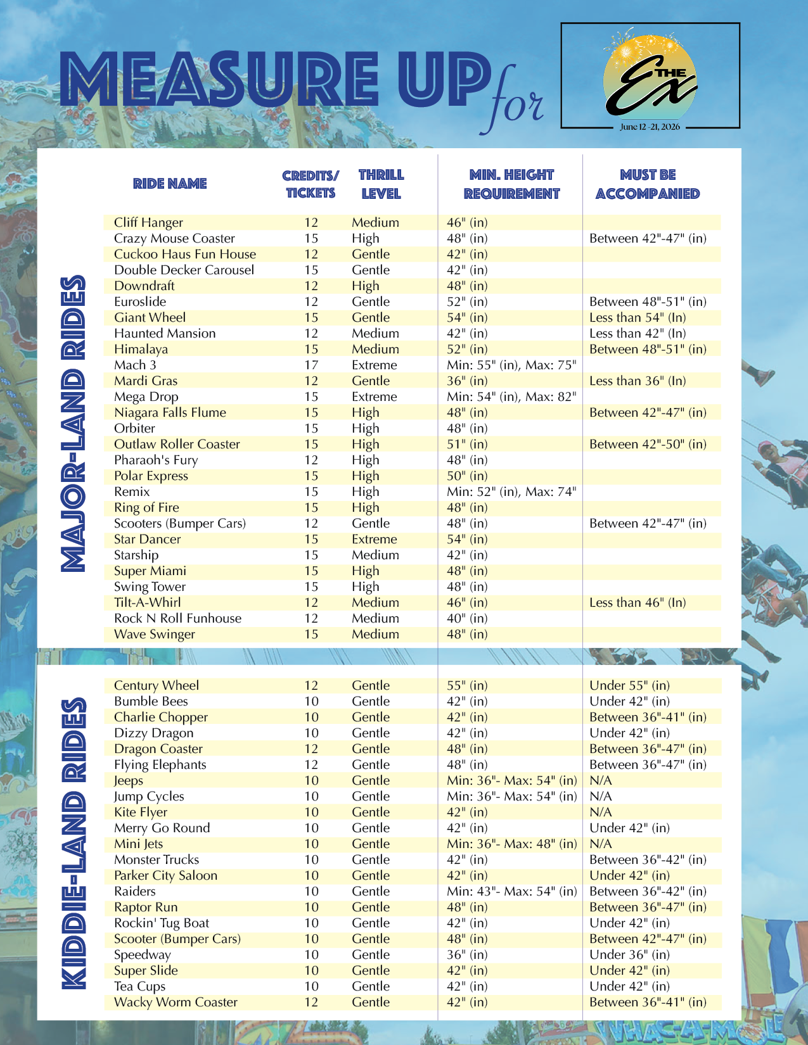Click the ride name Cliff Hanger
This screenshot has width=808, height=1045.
pos(148,222)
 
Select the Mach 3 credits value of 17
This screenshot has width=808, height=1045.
pos(311,365)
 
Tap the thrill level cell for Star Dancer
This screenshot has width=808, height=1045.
pos(374,539)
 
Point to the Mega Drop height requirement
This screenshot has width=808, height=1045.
pos(511,396)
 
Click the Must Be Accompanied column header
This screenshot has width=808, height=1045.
pos(648,184)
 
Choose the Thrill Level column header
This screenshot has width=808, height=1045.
pos(381,184)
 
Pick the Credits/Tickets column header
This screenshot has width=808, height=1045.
pos(311,184)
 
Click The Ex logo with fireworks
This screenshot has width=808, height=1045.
pos(650,75)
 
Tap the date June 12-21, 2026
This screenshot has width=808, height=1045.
pos(650,127)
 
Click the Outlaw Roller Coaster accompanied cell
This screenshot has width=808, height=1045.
pos(647,444)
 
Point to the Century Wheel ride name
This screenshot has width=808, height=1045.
pos(156,685)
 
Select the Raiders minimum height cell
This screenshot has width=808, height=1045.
pos(511,891)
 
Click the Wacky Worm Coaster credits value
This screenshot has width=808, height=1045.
pos(311,1002)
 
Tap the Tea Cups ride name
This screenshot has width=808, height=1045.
pos(139,986)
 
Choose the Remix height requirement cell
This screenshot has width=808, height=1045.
pos(511,491)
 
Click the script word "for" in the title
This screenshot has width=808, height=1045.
pos(516,101)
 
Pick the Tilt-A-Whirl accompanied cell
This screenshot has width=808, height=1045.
pos(637,602)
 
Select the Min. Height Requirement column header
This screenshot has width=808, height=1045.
pos(511,184)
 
